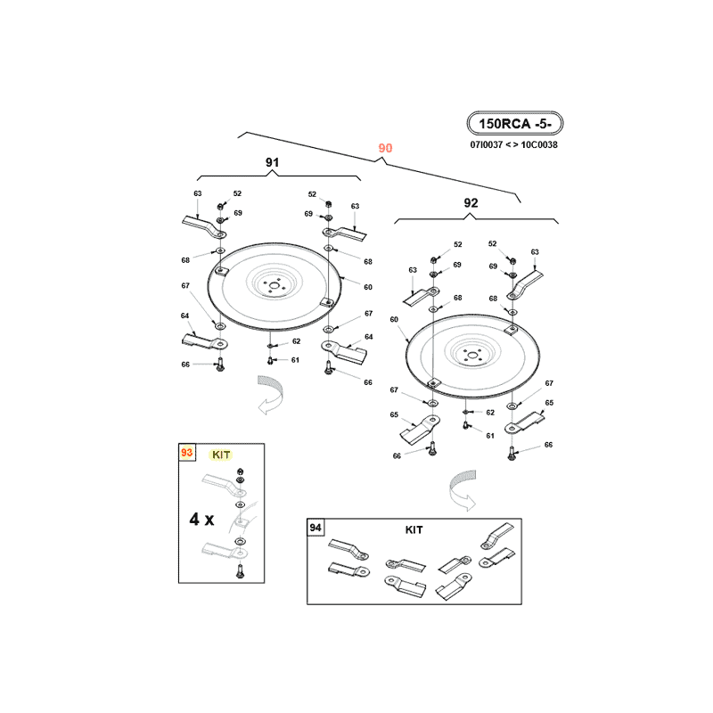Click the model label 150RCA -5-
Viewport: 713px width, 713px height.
pyautogui.click(x=515, y=124)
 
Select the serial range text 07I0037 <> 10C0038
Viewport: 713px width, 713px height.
pyautogui.click(x=514, y=144)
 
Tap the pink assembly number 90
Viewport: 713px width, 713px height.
pyautogui.click(x=385, y=148)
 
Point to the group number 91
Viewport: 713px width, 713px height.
pyautogui.click(x=273, y=162)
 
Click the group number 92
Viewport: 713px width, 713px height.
pyautogui.click(x=471, y=203)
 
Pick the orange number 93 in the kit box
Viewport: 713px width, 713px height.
pyautogui.click(x=186, y=453)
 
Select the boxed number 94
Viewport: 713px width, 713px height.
pyautogui.click(x=316, y=528)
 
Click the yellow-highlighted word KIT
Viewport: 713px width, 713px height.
pyautogui.click(x=221, y=455)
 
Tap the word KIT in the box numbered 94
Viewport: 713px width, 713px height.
pyautogui.click(x=414, y=529)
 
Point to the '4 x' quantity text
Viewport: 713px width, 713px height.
pyautogui.click(x=201, y=519)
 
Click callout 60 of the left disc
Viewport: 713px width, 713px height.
pyautogui.click(x=368, y=287)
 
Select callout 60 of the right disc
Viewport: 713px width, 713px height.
pyautogui.click(x=394, y=319)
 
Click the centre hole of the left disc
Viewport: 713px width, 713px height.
pyautogui.click(x=274, y=285)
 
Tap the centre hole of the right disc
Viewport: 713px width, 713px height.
pyautogui.click(x=472, y=356)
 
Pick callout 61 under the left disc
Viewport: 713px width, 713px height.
pyautogui.click(x=295, y=360)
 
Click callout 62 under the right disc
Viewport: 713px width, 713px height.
pyautogui.click(x=489, y=413)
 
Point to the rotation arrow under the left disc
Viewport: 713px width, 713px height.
pyautogui.click(x=270, y=395)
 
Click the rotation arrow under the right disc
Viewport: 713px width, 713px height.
pyautogui.click(x=463, y=491)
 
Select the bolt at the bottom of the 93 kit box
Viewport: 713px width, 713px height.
pyautogui.click(x=241, y=570)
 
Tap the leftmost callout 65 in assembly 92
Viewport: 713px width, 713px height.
pyautogui.click(x=394, y=414)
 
